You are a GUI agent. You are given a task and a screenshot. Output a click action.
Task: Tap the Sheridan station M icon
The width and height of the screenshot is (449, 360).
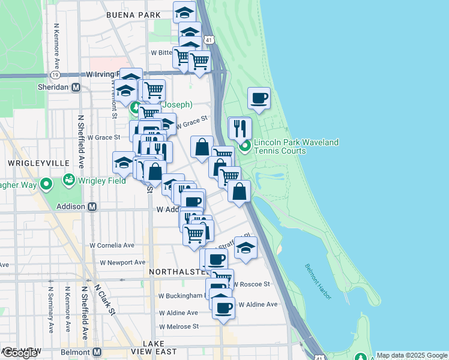76,87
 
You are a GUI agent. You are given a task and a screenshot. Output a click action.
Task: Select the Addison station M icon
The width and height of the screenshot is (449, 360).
92,206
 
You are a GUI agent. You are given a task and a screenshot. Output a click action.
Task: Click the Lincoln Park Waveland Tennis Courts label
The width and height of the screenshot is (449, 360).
296,146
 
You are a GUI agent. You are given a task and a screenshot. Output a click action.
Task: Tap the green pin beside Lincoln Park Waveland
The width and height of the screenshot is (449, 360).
245,145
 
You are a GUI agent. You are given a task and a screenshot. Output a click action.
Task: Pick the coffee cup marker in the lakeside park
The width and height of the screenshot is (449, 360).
259,98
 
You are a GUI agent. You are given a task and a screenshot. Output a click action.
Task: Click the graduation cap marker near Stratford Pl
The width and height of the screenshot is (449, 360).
246,247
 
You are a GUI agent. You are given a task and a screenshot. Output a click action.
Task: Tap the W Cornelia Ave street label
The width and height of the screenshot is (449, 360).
112,245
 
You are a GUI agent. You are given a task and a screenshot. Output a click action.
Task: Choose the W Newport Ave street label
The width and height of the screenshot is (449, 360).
122,262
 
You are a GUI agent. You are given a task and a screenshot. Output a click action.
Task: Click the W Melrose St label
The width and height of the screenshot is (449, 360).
178,326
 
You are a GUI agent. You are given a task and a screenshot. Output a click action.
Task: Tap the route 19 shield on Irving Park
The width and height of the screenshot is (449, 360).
55,76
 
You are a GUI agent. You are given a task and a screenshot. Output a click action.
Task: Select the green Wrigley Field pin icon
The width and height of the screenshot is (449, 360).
69,180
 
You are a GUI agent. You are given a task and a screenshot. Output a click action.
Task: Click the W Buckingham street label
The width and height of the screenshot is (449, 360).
181,296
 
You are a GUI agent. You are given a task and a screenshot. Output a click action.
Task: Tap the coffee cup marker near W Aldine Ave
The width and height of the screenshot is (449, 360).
224,308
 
